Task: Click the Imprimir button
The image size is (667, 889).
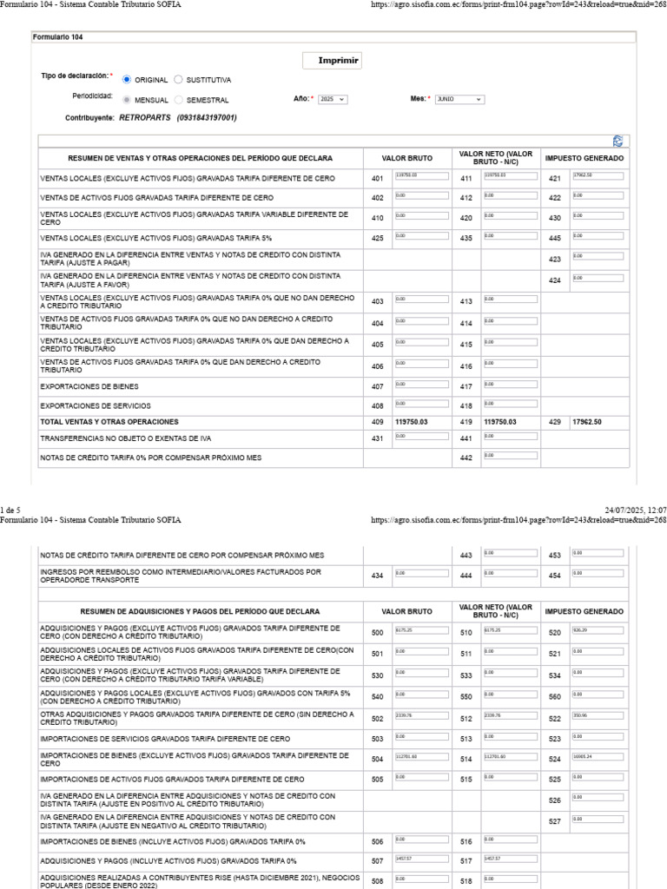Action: [x=332, y=61]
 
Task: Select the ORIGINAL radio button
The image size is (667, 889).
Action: [x=128, y=79]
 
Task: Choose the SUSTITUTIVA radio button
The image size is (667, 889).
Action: [x=179, y=79]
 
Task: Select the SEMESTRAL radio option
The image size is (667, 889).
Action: [x=179, y=99]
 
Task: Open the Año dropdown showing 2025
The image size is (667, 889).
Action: [x=333, y=99]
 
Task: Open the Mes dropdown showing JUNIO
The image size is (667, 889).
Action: [x=459, y=99]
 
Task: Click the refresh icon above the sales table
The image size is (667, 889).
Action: [x=617, y=140]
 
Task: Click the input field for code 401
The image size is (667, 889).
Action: [x=419, y=177]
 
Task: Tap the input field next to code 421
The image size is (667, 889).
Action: [x=598, y=177]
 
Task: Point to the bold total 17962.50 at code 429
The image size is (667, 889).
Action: [x=587, y=421]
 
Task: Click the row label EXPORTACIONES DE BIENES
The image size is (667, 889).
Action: [x=89, y=385]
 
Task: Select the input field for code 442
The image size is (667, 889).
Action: [x=509, y=456]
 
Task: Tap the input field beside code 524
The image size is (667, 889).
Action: [x=598, y=758]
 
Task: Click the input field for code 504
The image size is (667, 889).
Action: [x=419, y=758]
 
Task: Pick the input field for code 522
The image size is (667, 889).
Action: [x=598, y=716]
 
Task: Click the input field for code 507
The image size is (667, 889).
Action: [x=419, y=859]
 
